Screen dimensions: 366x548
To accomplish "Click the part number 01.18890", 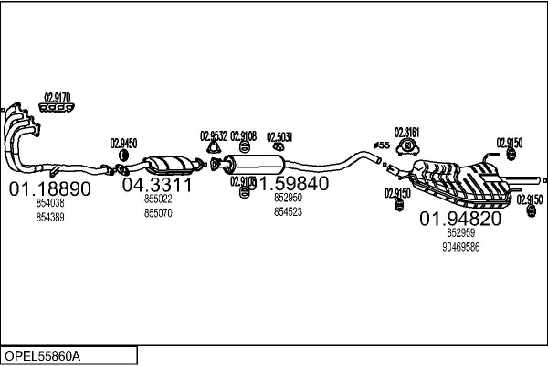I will click(50, 189).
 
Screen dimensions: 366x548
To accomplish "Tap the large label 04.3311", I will click(157, 185).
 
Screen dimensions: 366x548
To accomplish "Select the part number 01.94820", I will click(460, 219).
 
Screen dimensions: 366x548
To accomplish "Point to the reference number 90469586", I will click(460, 247).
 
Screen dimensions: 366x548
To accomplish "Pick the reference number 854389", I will click(49, 217).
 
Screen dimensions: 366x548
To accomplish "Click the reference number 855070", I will click(158, 212).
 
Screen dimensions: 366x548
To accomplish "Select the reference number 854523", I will click(288, 211).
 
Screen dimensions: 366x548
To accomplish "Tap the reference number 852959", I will click(459, 233).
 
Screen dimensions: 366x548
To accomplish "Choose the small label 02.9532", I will click(214, 136).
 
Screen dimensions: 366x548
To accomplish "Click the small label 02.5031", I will click(279, 137).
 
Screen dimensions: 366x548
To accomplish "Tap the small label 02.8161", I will click(406, 132).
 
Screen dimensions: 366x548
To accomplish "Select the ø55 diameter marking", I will click(381, 145).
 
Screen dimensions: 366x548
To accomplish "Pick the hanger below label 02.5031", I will click(278, 148).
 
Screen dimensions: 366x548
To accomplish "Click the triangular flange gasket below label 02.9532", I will click(214, 149).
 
